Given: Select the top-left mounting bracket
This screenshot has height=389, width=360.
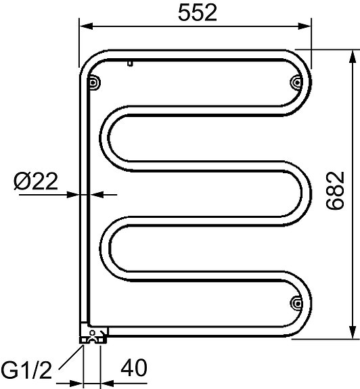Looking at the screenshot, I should pos(93,82).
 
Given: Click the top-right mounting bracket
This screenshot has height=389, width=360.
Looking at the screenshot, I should pos(296,82).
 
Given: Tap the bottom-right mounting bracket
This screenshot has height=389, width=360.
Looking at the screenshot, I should pos(296,302).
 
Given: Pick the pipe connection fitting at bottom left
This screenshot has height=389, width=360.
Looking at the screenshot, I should pos(93,333).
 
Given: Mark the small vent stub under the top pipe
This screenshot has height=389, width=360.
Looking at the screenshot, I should pos(129,64).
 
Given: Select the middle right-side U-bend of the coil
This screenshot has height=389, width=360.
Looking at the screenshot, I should pos(302,193).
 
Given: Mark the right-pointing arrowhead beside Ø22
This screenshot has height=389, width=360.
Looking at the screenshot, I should pos(75,194).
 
